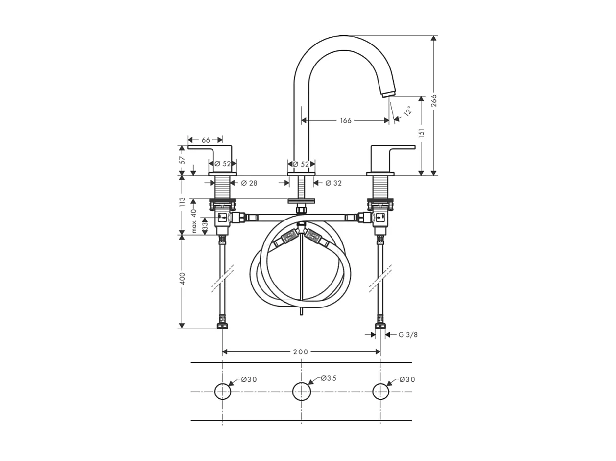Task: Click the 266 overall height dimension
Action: (x=434, y=100)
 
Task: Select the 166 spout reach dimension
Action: (x=346, y=120)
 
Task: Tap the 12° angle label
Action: (x=407, y=110)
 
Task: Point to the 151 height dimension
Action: (x=421, y=133)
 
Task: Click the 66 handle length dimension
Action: (x=206, y=140)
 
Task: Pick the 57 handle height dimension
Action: (x=182, y=159)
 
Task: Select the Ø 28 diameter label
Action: (x=249, y=183)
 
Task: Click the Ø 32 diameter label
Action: (x=333, y=183)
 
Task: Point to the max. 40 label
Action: (x=194, y=220)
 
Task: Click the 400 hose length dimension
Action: (x=182, y=279)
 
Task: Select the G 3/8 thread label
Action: (x=408, y=335)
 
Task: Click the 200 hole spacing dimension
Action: (x=301, y=352)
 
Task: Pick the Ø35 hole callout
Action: (x=329, y=378)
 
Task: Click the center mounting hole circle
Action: (x=302, y=392)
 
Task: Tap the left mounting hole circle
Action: (x=223, y=392)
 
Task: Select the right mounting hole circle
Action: (x=380, y=392)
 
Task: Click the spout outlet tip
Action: (x=388, y=93)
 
